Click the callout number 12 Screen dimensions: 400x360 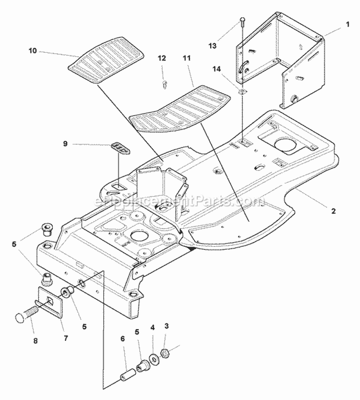(x=162, y=58)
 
